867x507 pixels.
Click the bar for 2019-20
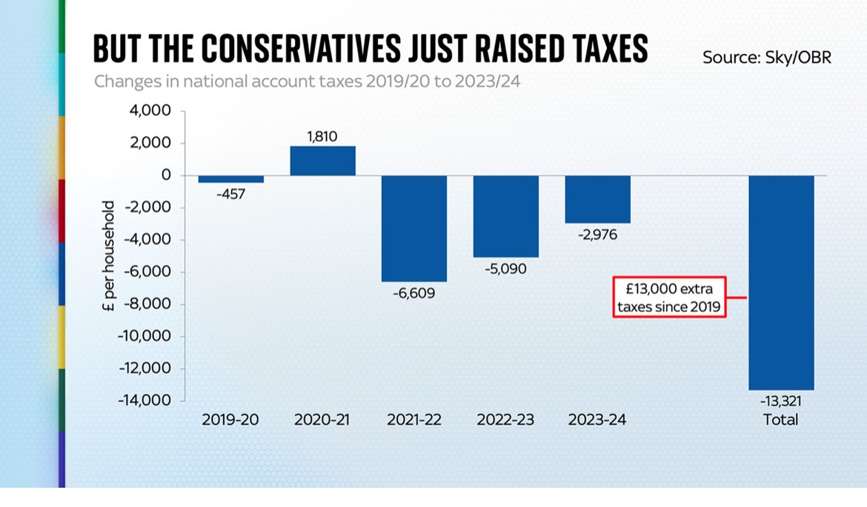(230, 179)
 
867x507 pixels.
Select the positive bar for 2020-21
(322, 161)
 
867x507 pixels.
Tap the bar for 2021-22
(414, 228)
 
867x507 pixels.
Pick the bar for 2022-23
(506, 216)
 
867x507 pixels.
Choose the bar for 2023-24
(597, 199)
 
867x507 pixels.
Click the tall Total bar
(781, 282)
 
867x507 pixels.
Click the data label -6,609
(414, 293)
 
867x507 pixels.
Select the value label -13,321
(781, 401)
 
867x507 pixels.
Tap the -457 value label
(230, 194)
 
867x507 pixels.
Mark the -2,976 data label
(597, 235)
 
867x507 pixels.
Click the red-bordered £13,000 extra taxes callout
(668, 298)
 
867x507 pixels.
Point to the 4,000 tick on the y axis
(150, 111)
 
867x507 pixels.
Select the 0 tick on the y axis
(166, 175)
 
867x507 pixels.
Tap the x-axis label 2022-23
(505, 420)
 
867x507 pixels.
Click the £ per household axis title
(109, 255)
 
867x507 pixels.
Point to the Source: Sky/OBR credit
(767, 57)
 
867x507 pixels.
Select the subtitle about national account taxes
(307, 81)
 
